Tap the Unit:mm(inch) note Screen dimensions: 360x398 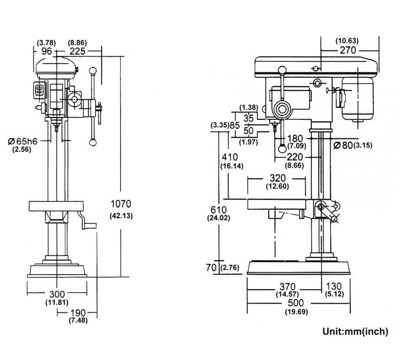pos(355,332)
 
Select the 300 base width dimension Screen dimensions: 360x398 pos(56,295)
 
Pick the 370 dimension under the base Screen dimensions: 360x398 pos(287,287)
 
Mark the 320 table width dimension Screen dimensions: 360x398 pos(277,178)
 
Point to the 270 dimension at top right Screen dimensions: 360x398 pos(347,50)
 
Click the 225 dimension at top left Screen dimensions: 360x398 pos(77,51)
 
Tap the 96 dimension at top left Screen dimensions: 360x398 pos(47,51)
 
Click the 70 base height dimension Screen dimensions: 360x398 pos(211,268)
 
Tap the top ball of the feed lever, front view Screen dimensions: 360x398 pos(93,70)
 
